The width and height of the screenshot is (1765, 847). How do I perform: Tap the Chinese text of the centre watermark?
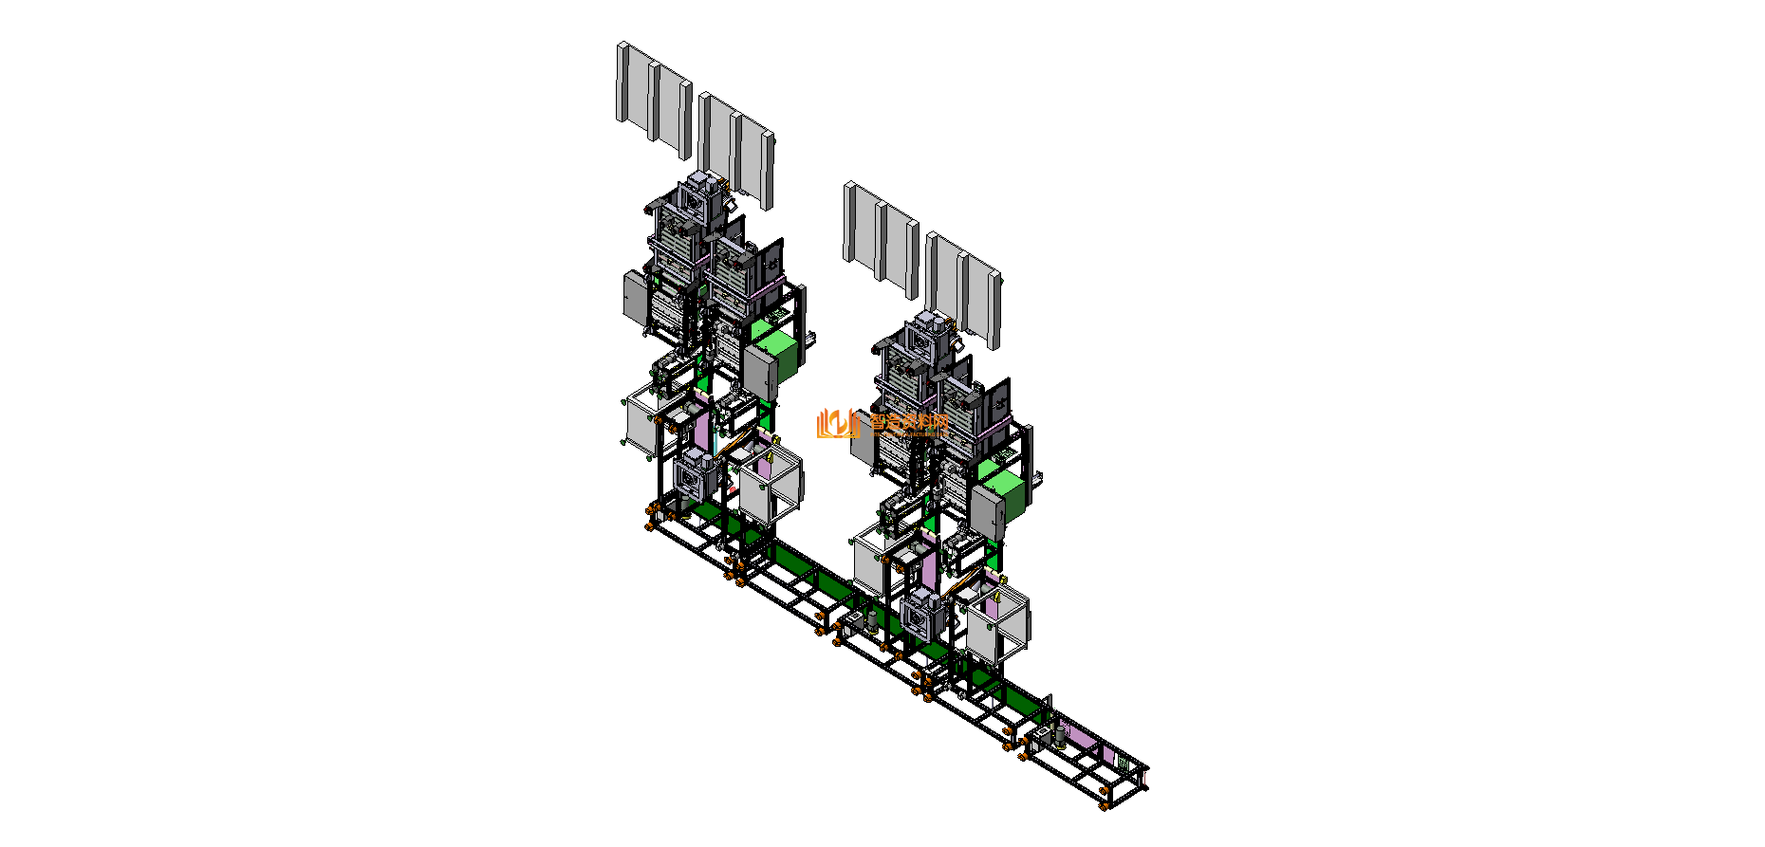pos(908,423)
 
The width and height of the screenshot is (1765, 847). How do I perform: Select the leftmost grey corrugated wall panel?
pos(653,95)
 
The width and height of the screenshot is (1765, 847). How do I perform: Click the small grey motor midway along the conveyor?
pos(872,618)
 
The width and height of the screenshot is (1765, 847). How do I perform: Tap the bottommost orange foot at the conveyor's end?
pos(1105,805)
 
